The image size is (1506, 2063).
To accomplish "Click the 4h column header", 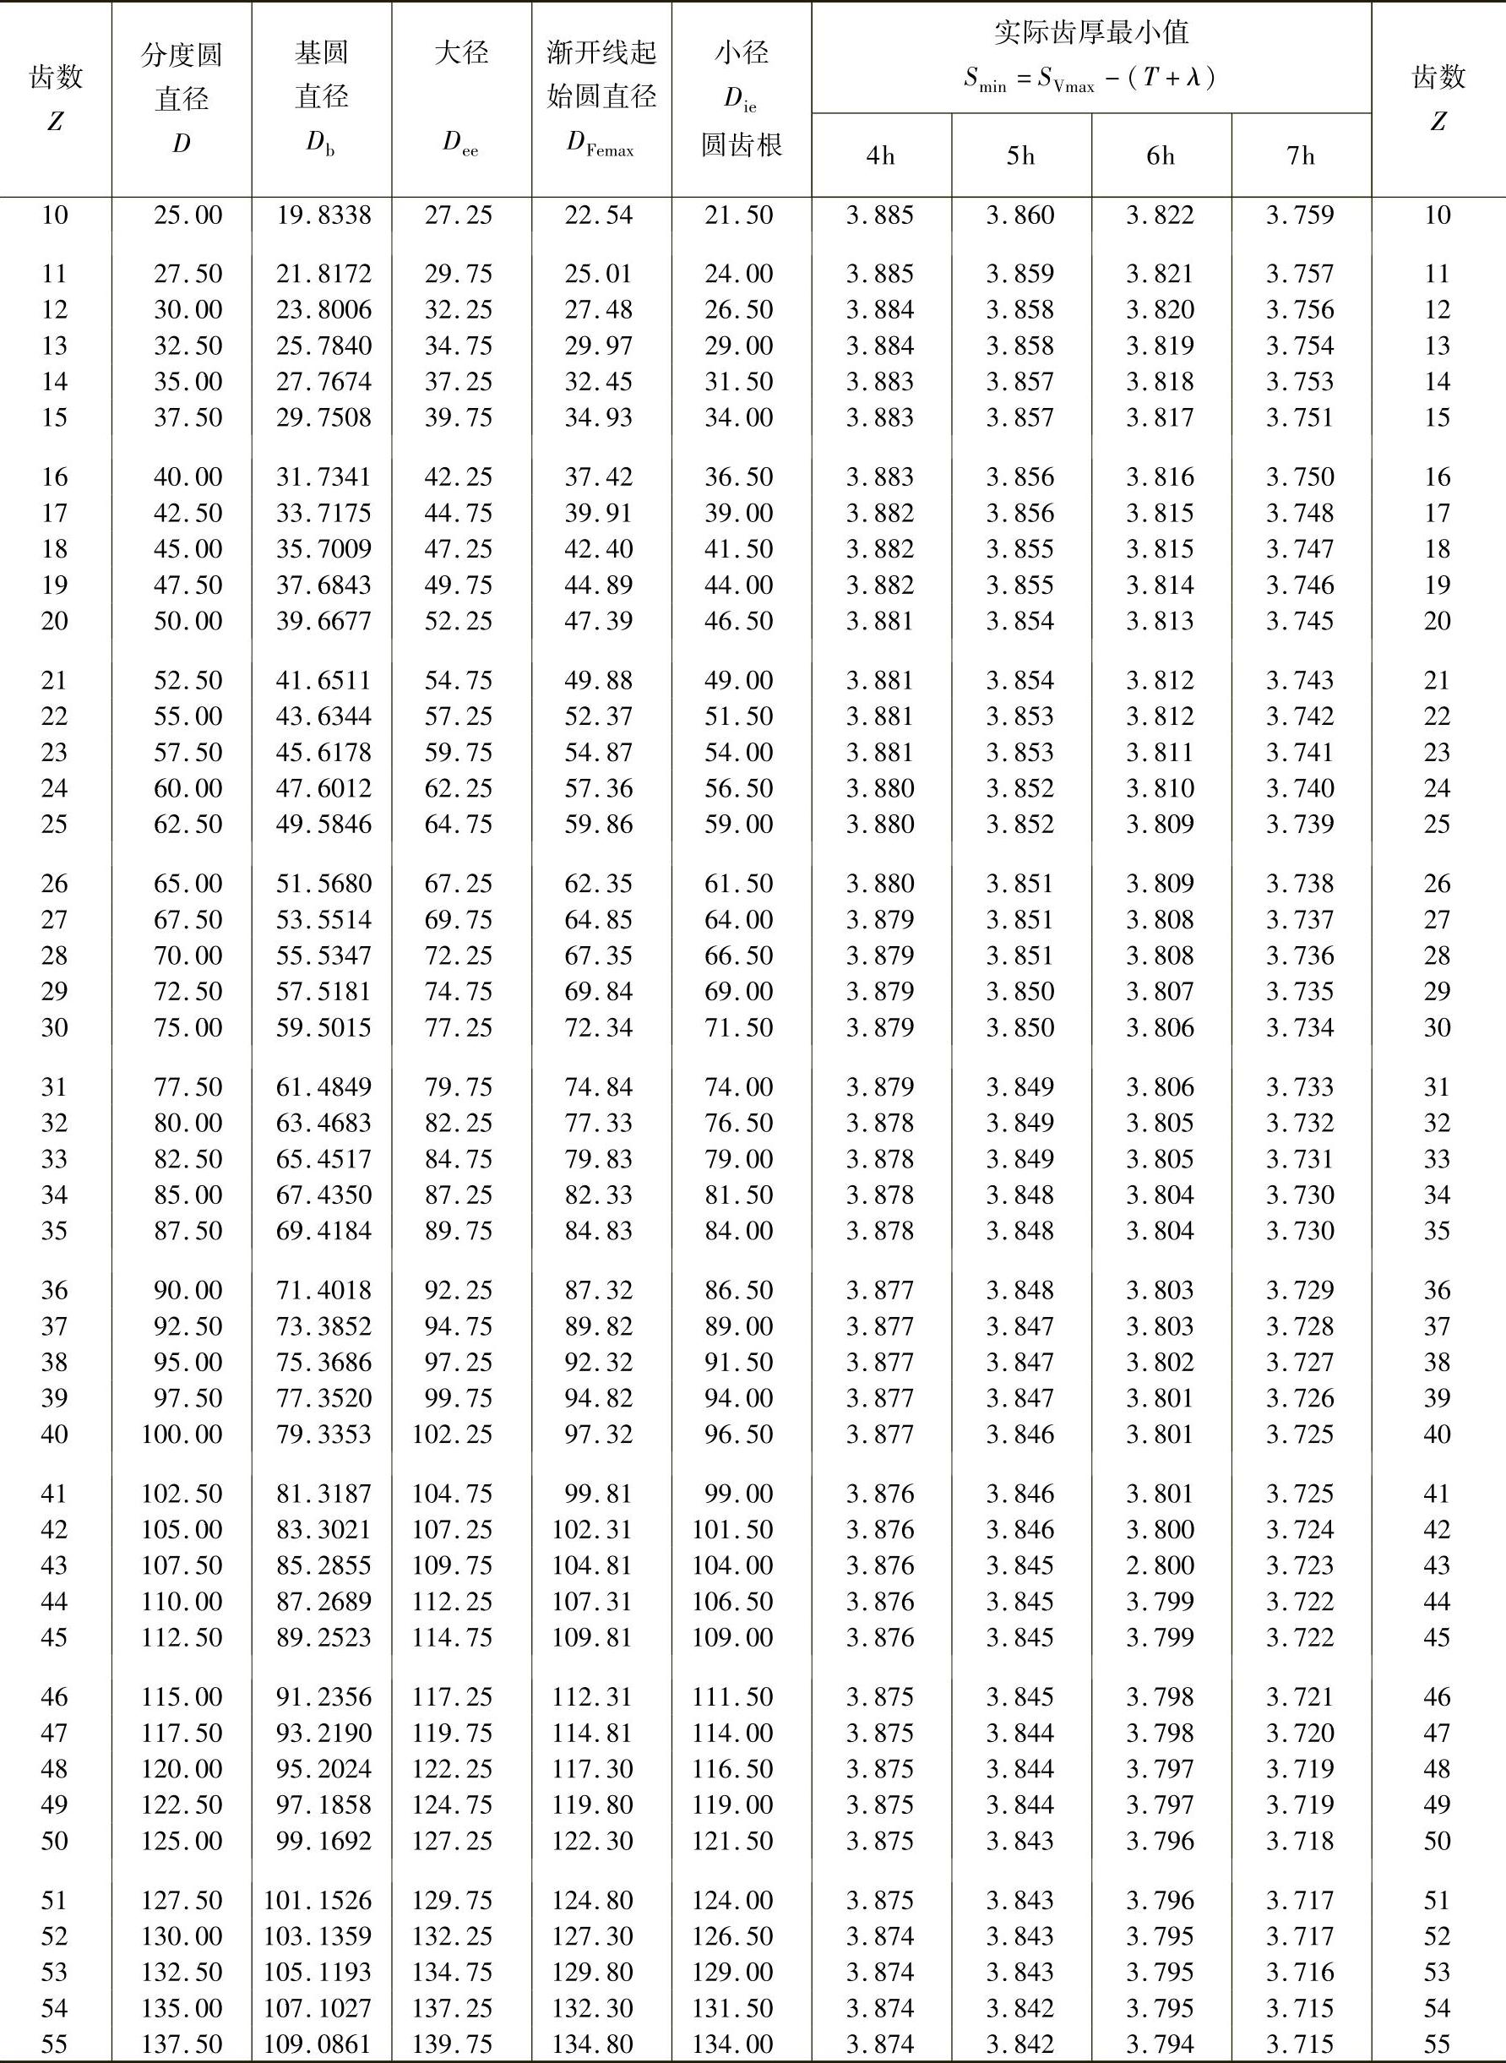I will [x=881, y=156].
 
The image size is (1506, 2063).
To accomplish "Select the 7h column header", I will [x=1301, y=156].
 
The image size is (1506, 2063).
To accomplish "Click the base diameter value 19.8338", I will [x=323, y=215].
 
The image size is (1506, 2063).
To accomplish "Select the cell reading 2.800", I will [x=1160, y=1565].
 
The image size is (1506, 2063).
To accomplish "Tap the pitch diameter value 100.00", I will [x=182, y=1434].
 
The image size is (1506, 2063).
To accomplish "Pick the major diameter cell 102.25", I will [x=452, y=1434].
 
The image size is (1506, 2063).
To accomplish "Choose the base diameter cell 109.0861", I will [x=318, y=2043].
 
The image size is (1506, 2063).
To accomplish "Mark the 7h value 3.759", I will [x=1300, y=215].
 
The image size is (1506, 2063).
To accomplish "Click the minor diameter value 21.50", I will [x=738, y=215].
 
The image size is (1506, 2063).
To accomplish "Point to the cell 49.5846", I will [x=323, y=825].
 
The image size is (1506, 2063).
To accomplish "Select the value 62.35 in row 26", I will [x=598, y=884].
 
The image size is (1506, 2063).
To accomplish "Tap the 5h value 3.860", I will [x=1020, y=215].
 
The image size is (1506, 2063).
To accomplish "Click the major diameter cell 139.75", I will [x=452, y=2043].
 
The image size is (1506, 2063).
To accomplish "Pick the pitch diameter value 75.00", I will [x=187, y=1027].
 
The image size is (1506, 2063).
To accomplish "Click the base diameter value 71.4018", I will [x=323, y=1290].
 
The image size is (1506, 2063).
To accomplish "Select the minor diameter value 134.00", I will [x=733, y=2043].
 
